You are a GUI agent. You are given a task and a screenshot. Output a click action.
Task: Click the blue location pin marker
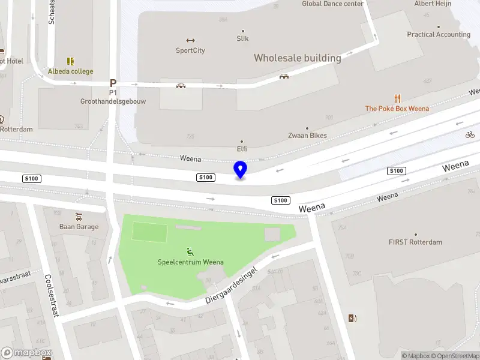pyautogui.click(x=240, y=170)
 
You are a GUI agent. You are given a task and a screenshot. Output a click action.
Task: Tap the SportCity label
pyautogui.click(x=190, y=50)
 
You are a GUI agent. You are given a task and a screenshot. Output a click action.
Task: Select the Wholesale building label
pyautogui.click(x=297, y=58)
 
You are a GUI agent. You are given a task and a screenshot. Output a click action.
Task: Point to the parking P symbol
pyautogui.click(x=112, y=83)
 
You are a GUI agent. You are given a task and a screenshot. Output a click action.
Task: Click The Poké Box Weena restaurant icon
pyautogui.click(x=397, y=98)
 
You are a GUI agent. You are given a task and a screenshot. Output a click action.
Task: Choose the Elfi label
pyautogui.click(x=242, y=148)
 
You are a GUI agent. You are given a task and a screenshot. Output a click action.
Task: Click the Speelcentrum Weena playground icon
pyautogui.click(x=190, y=252)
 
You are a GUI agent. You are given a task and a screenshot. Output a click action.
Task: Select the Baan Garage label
pyautogui.click(x=79, y=227)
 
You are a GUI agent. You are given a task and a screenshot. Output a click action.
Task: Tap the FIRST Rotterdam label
pyautogui.click(x=415, y=242)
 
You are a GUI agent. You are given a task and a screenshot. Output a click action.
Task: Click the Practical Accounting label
pyautogui.click(x=439, y=35)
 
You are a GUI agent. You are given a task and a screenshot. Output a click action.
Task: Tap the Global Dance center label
pyautogui.click(x=332, y=4)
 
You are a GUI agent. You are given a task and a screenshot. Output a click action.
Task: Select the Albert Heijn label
pyautogui.click(x=432, y=4)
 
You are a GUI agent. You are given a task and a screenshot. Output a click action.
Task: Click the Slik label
pyautogui.click(x=242, y=38)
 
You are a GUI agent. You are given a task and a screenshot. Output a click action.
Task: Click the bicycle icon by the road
pyautogui.click(x=470, y=135)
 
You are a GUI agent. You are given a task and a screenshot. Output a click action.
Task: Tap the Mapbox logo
pyautogui.click(x=26, y=353)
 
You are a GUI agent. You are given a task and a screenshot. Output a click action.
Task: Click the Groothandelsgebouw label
pyautogui.click(x=113, y=101)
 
